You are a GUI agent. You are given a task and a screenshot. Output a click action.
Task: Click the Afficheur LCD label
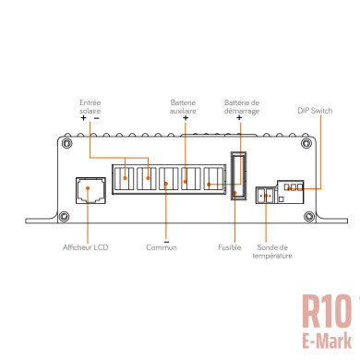pos(86,247)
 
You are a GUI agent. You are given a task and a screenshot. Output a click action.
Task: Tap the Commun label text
pos(162,247)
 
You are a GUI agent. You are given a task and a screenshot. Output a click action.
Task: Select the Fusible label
pos(230,247)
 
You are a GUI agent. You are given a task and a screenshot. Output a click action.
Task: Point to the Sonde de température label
pos(272,252)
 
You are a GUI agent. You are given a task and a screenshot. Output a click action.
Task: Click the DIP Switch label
pos(315,111)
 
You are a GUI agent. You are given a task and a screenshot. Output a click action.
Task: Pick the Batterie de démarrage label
pos(242,107)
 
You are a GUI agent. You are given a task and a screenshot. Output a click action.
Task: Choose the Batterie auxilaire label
pos(183,107)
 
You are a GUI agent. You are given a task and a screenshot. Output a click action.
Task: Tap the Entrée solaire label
pos(90,107)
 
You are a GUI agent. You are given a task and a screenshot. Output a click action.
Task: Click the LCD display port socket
pos(90,190)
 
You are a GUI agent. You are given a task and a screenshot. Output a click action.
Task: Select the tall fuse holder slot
pos(239,175)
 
